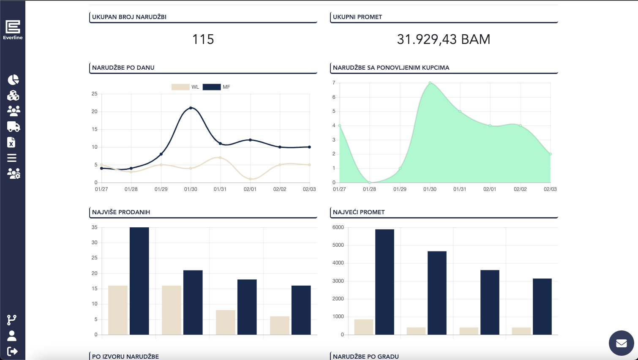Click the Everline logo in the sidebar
pos(13,30)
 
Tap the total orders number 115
pos(203,39)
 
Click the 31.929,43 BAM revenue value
pos(444,39)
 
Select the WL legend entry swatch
pos(180,87)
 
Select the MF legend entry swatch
pos(212,87)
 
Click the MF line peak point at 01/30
pos(191,108)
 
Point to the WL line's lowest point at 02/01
pos(250,179)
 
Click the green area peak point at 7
pos(430,83)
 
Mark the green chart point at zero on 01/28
pos(370,183)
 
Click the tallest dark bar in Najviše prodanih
pos(139,281)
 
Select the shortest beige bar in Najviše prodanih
pos(280,325)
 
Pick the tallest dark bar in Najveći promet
pos(384,282)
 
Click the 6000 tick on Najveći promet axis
pos(338,227)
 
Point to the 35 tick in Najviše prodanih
pos(94,227)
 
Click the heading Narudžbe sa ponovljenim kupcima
pos(391,68)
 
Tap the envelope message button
pos(621,343)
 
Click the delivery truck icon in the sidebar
pos(14,127)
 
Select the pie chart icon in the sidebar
pos(13,80)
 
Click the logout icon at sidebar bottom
pos(12,352)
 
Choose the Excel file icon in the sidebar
pos(11,142)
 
